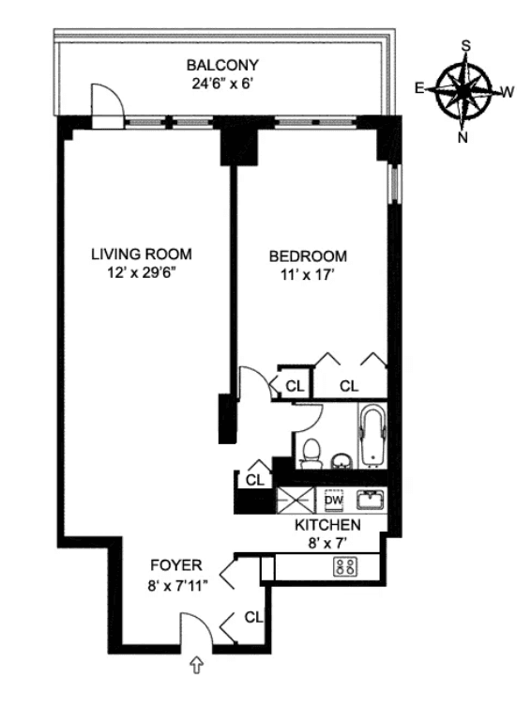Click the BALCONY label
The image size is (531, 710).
coord(222,65)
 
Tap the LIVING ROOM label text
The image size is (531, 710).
coord(142,254)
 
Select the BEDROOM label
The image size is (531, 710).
coord(308,256)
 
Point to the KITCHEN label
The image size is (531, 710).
coord(328,525)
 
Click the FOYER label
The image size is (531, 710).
coord(176,565)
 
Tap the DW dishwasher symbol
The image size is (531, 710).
coord(334,501)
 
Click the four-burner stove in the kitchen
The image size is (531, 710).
coord(345,567)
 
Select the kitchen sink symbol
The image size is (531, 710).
coord(370,500)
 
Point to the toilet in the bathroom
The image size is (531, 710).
coord(311,454)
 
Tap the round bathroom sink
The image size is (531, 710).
coord(341,462)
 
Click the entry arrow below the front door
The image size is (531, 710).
coord(197,665)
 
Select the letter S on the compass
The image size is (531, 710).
coord(465,46)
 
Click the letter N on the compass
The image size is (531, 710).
coord(463,137)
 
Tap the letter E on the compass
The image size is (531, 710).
coord(419,88)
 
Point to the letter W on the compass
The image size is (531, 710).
coord(508,92)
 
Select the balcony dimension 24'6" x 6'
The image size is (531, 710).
coord(221,84)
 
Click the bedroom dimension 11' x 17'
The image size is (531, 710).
coord(308,274)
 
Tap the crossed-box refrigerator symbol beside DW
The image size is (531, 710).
coord(295,501)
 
